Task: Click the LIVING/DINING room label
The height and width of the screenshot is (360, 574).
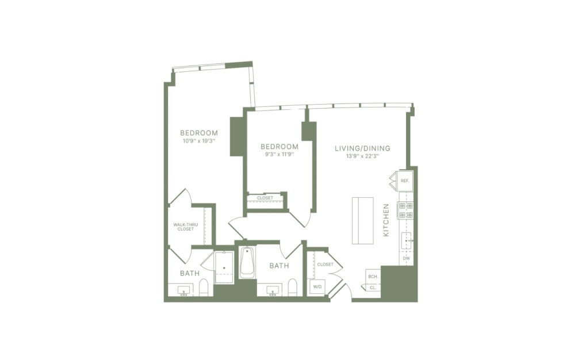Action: pos(362,148)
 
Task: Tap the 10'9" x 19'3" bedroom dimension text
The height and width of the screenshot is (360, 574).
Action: pos(198,140)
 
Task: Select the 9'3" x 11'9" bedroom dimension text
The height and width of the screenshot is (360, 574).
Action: pos(279,154)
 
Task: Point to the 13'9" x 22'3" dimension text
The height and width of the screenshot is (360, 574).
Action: pos(362,156)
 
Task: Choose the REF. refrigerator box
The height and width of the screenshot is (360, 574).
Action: pos(404,181)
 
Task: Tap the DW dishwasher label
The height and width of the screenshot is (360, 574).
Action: pos(406,259)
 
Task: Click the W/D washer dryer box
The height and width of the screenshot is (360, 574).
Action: pos(317,286)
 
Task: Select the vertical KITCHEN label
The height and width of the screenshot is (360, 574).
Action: pos(387,220)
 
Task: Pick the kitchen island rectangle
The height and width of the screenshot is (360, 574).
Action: pos(363,220)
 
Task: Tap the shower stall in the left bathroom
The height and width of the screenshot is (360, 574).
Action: pos(224,267)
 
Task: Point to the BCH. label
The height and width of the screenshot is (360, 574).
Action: pos(372,277)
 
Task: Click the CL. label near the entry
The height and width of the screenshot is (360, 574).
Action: pos(372,287)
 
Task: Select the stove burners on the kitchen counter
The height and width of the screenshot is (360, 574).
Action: pos(406,210)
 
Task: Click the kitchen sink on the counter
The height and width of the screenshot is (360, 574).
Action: pos(406,240)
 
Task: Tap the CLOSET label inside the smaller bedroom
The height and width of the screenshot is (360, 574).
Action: pos(265,198)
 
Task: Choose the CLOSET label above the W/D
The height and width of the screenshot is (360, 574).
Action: pos(325,265)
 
